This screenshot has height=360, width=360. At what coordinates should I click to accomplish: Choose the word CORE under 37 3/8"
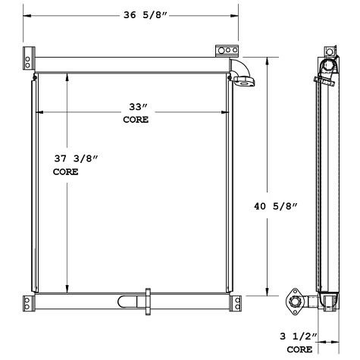point(65,172)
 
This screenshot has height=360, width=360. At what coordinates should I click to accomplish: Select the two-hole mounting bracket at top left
point(29,58)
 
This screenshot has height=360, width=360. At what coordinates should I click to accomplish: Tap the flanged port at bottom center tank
point(146,300)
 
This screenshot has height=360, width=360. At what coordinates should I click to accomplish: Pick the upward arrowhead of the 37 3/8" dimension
point(67,75)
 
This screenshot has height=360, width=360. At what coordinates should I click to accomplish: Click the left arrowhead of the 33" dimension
point(39,112)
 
